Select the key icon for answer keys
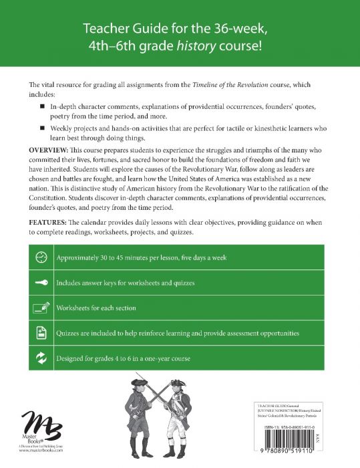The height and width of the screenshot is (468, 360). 41,283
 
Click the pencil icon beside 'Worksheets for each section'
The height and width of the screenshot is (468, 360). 41,308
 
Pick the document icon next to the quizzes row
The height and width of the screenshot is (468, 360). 41,332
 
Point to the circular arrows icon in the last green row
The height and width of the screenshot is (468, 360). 41,358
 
